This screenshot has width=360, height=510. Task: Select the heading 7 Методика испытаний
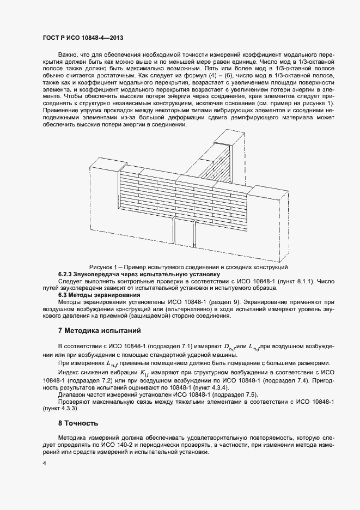100,330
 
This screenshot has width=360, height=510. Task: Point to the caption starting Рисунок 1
188,266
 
